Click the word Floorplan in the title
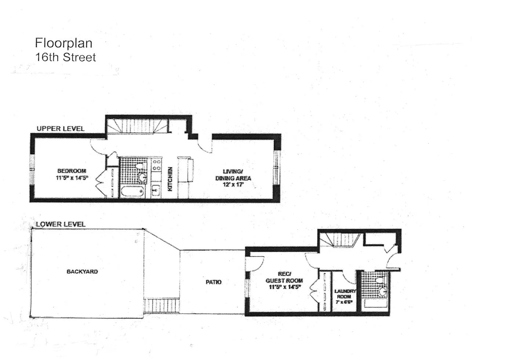click(x=64, y=43)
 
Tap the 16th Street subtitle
click(x=65, y=57)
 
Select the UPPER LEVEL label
click(x=61, y=129)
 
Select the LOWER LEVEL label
click(x=61, y=224)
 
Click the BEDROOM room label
click(x=72, y=171)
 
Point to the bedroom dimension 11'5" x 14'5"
click(x=72, y=178)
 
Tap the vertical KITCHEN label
click(x=170, y=179)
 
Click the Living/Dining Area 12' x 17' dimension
click(x=233, y=185)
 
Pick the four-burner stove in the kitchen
click(x=156, y=165)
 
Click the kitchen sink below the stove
click(x=156, y=190)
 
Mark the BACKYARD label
click(x=82, y=271)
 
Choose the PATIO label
click(x=213, y=282)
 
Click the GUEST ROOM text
click(x=284, y=281)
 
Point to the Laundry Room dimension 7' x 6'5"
click(x=344, y=302)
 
